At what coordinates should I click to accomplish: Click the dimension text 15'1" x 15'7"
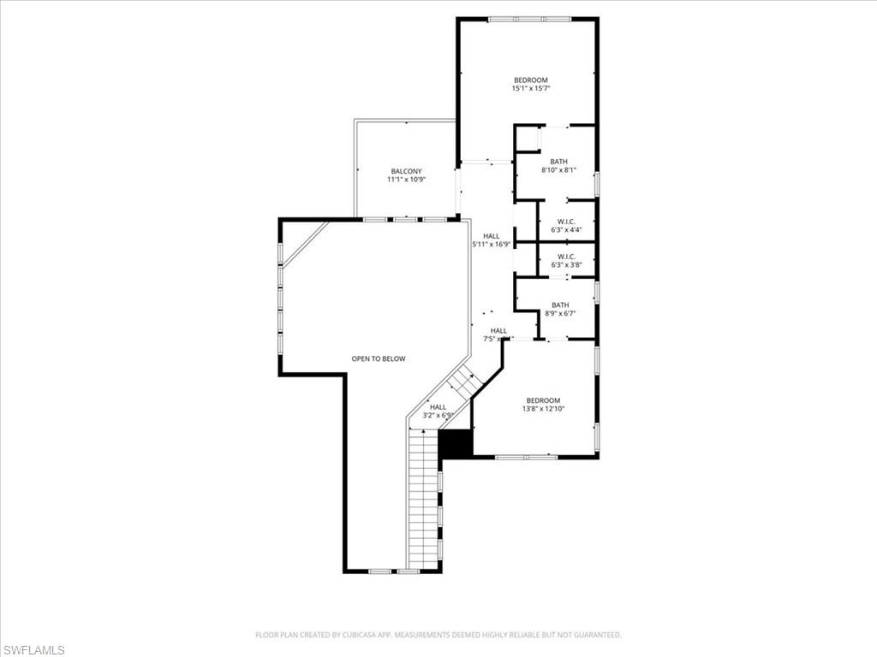[530, 88]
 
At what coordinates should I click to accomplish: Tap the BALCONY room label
[406, 171]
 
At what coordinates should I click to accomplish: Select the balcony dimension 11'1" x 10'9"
[406, 180]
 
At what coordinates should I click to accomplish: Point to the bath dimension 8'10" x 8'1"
[558, 170]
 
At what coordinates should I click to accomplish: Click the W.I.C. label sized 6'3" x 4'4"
[565, 222]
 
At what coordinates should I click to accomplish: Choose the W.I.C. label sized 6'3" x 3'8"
[565, 257]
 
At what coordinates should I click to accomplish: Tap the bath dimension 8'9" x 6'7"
[560, 313]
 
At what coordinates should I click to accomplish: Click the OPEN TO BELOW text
[379, 358]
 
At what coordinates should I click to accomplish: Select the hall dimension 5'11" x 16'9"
[492, 245]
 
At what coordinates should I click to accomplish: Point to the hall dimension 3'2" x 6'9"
[438, 416]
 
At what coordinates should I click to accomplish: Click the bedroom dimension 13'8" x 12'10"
[543, 409]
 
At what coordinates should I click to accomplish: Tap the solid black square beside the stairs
[455, 443]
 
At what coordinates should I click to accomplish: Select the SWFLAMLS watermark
[33, 650]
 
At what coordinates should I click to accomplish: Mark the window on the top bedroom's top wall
[529, 19]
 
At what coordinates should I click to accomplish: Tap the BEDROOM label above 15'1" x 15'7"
[530, 80]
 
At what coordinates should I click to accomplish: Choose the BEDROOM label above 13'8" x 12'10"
[543, 400]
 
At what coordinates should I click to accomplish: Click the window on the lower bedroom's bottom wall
[527, 457]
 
